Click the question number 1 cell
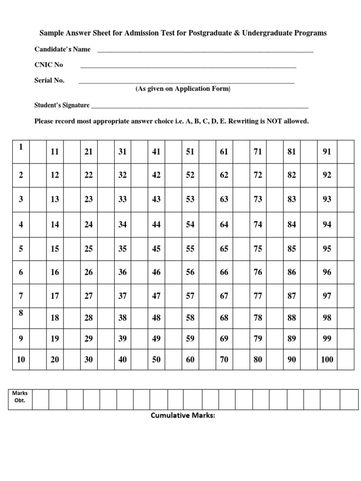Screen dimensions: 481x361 pos(21,147)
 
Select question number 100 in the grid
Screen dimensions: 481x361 pos(327,359)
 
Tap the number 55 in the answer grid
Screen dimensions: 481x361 pos(190,249)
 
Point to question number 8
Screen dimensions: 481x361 pos(21,312)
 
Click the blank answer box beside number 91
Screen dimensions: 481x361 pos(346,151)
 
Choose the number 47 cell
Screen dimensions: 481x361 pos(156,296)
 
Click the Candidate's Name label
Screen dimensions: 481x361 pos(63,49)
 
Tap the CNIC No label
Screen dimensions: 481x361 pos(48,65)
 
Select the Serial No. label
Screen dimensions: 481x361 pos(49,80)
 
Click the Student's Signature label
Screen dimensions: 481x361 pos(62,105)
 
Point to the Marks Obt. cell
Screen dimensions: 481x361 pos(20,397)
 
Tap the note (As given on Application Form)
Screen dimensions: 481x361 pos(183,89)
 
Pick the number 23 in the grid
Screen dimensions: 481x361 pos(88,199)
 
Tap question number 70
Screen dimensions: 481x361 pos(224,359)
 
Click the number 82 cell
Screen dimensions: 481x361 pos(291,175)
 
